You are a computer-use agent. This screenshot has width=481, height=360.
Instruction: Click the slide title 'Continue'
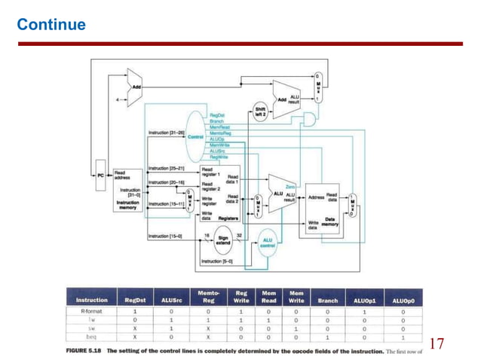51,25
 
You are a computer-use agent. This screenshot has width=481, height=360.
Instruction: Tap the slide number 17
437,344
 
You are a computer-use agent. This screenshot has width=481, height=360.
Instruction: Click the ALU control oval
268,242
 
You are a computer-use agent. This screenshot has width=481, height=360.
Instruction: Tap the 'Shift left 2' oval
260,111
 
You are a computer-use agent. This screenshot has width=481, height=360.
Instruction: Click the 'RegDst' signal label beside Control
217,115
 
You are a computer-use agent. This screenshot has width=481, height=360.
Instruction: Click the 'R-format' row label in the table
91,310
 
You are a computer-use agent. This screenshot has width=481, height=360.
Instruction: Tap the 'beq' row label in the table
91,337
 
